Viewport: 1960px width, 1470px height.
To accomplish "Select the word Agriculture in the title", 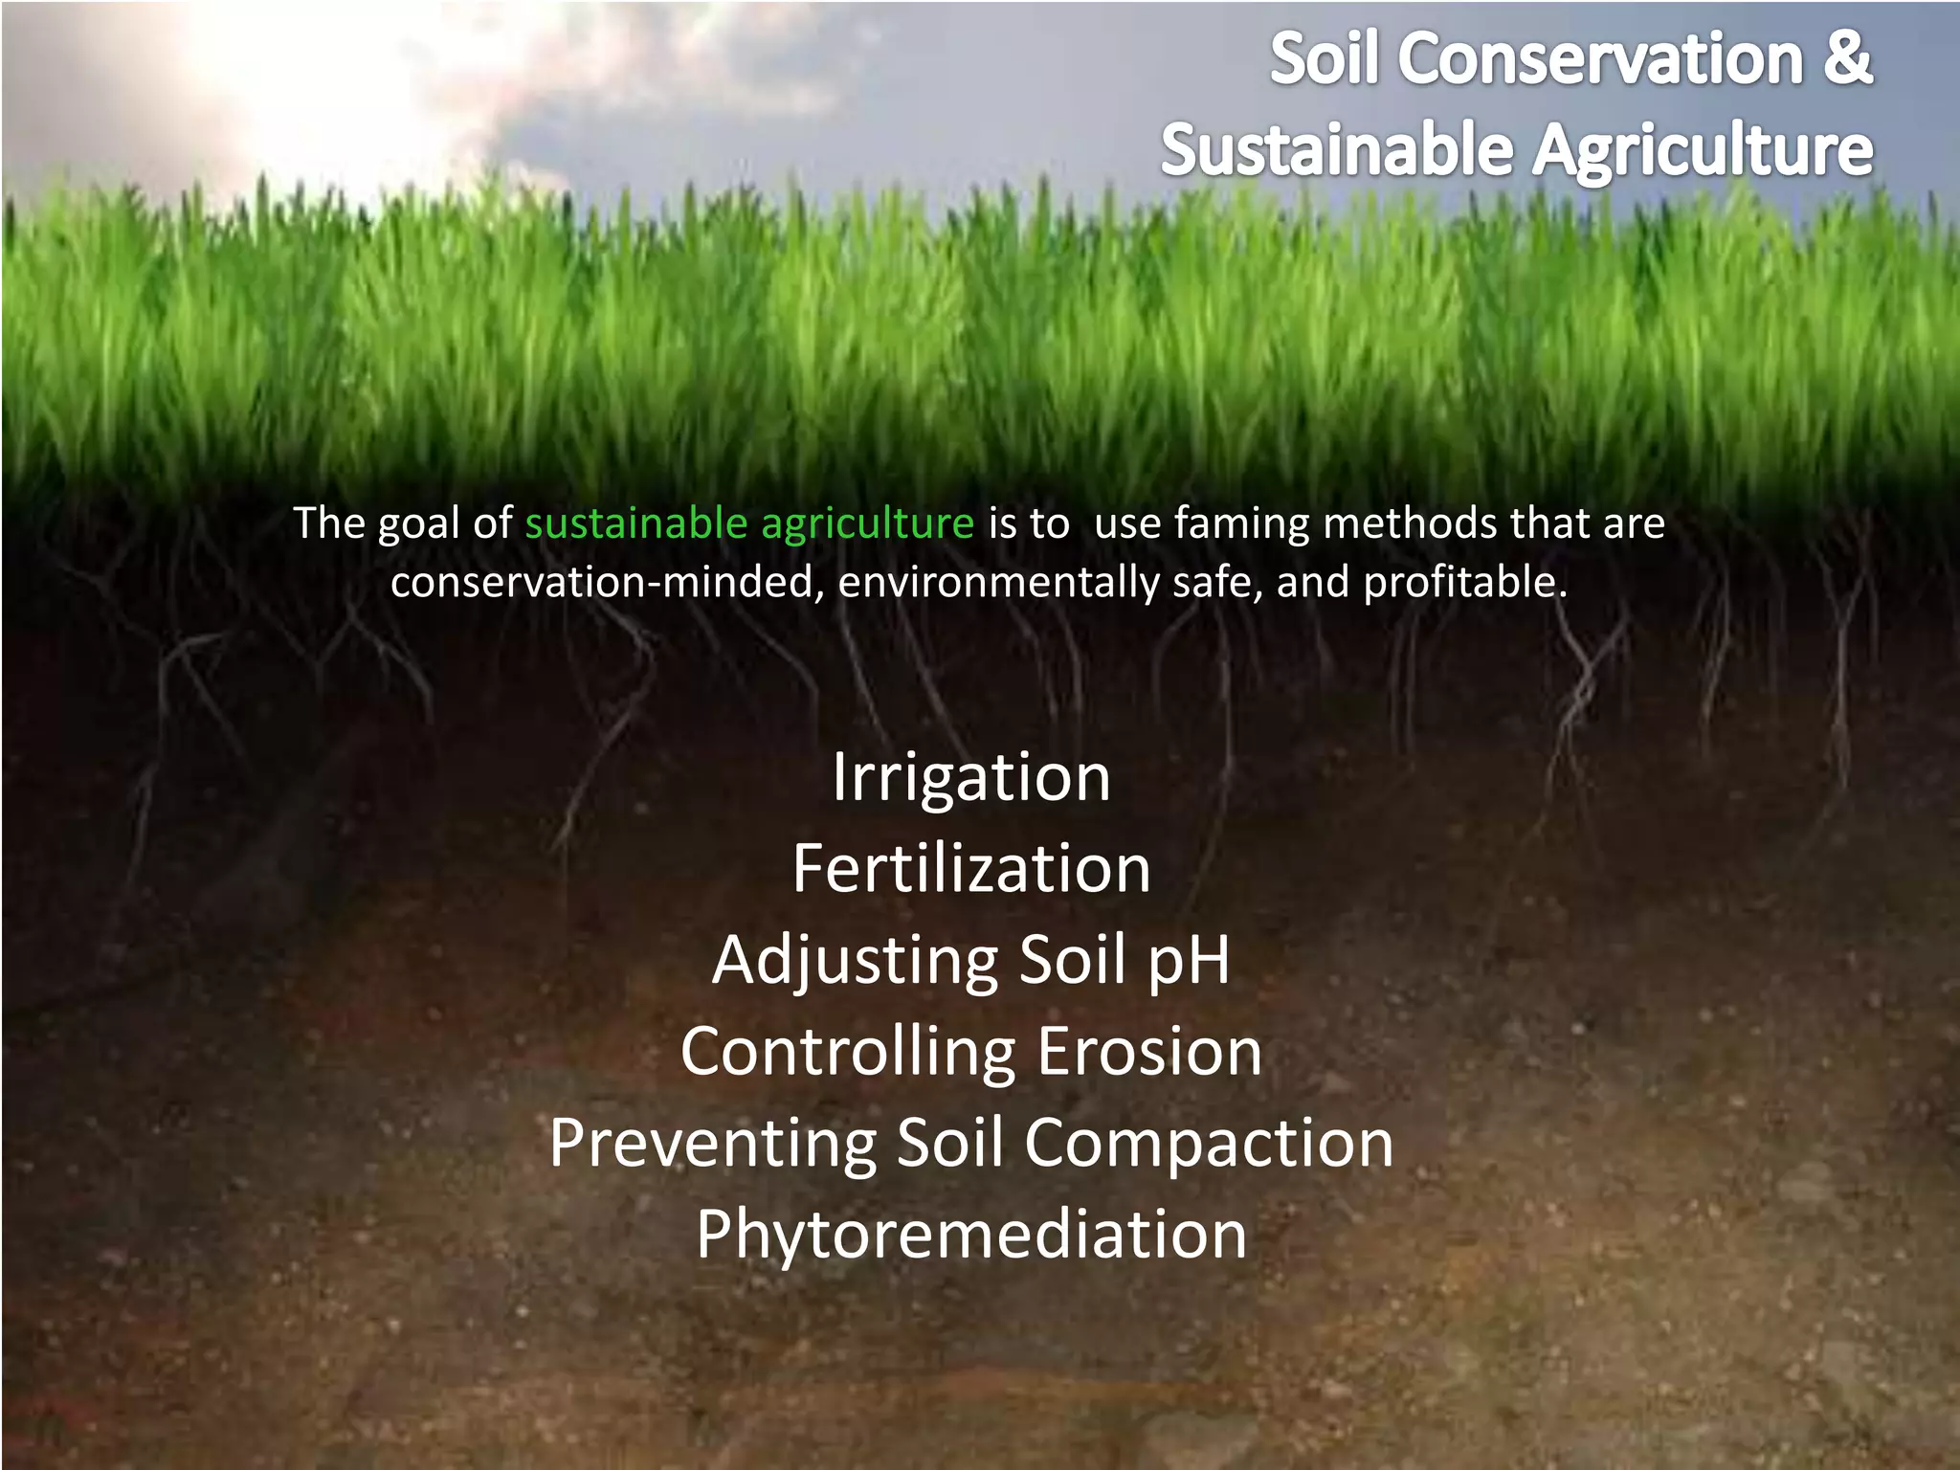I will pyautogui.click(x=1704, y=150).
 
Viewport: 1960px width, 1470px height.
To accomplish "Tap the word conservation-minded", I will pyautogui.click(x=602, y=582).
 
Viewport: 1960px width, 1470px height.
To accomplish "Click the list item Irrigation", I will pyautogui.click(x=970, y=776).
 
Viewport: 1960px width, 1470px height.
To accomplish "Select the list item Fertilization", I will pyautogui.click(x=970, y=869).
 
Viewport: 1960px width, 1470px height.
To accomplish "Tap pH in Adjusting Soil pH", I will pyautogui.click(x=1188, y=961).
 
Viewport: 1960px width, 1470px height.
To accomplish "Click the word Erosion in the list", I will pyautogui.click(x=1149, y=1052).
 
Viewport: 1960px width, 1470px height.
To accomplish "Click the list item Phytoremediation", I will pyautogui.click(x=970, y=1235).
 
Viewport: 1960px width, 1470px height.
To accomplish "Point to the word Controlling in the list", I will pyautogui.click(x=847, y=1052).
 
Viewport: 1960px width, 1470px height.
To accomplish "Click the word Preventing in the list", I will pyautogui.click(x=713, y=1144).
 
